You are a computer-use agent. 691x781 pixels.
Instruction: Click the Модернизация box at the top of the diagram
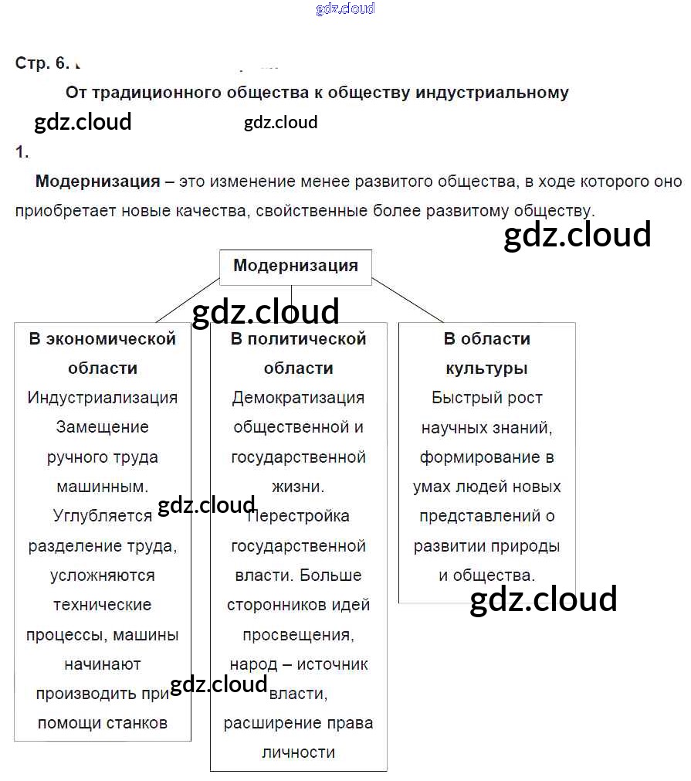(296, 267)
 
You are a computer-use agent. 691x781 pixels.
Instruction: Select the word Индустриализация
(103, 398)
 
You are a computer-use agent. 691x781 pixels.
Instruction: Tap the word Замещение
(103, 427)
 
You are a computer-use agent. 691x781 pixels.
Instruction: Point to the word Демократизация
(298, 398)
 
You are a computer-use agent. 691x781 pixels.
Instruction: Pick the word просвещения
(298, 634)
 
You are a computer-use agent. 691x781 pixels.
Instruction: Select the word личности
(298, 752)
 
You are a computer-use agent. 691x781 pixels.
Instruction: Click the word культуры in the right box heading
(486, 368)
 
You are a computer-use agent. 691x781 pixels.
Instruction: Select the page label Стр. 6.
(42, 63)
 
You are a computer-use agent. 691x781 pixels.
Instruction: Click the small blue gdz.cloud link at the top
(345, 9)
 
